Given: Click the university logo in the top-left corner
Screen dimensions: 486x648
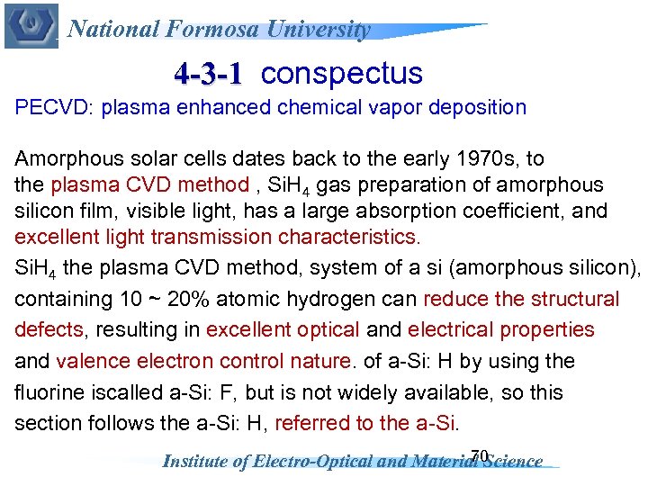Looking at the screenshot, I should tap(31, 26).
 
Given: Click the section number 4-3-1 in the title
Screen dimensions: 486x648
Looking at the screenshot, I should tap(208, 73).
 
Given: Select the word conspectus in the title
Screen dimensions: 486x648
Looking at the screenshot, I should tap(341, 73).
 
